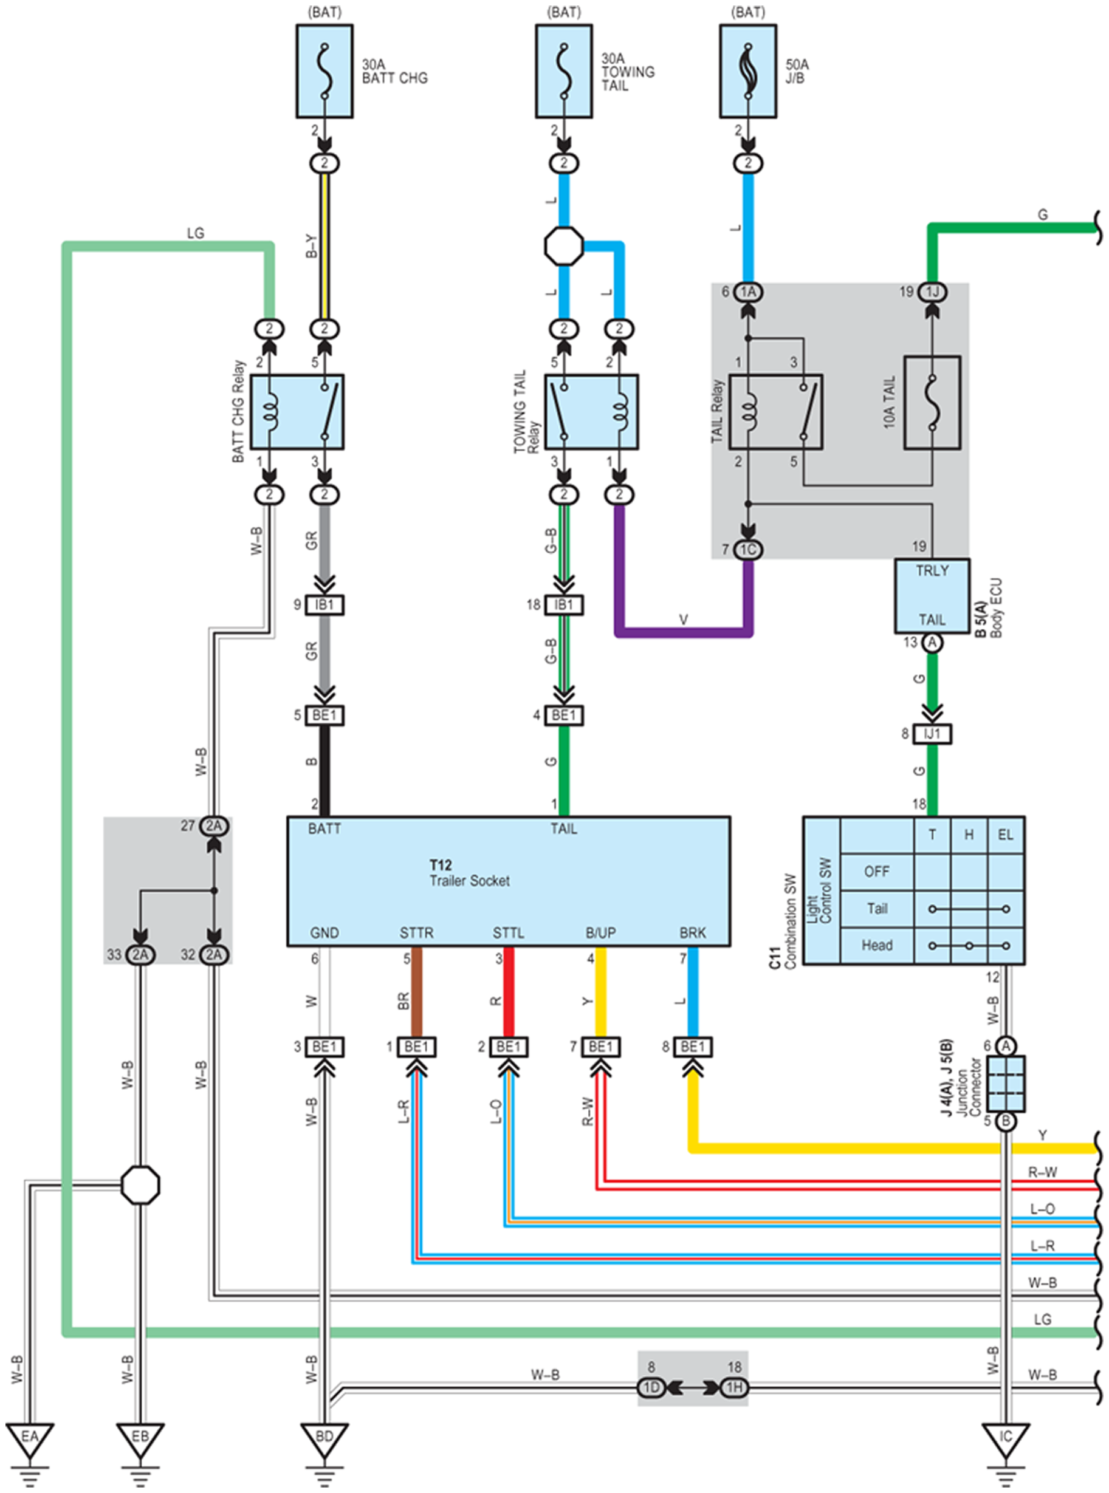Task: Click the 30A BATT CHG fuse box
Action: click(324, 71)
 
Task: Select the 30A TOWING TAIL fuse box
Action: click(564, 71)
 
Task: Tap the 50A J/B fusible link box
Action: click(749, 71)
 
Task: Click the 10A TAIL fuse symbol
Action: click(932, 403)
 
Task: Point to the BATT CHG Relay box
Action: click(297, 412)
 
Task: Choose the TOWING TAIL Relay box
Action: click(591, 412)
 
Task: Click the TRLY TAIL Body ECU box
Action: click(932, 596)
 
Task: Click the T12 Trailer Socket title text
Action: click(469, 873)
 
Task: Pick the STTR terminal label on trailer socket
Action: click(416, 933)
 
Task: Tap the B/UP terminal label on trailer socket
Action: click(601, 933)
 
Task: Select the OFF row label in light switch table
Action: click(877, 872)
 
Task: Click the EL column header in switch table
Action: click(1006, 835)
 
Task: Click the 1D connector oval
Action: click(651, 1387)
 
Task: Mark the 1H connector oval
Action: click(735, 1387)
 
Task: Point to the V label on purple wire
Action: click(684, 620)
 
